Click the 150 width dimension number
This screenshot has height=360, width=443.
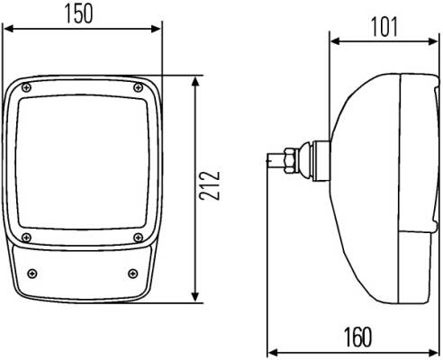pos(79,14)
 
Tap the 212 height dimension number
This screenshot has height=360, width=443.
pos(210,185)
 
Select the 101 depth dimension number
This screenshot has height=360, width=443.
pos(384,27)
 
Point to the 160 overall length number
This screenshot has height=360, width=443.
pos(357,337)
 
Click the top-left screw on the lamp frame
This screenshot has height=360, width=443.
pos(27,87)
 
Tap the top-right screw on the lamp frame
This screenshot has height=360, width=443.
pos(138,87)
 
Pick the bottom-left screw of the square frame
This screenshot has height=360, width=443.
pos(27,238)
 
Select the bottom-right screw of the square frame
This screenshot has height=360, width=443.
pos(138,238)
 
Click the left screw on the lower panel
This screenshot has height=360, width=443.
pos(32,274)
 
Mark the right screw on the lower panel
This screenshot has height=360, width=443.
pos(132,274)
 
